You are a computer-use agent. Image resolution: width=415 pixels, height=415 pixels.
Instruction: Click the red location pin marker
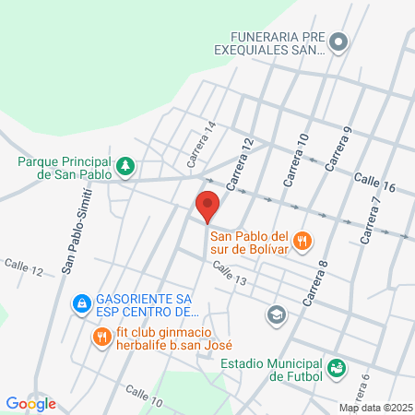(x=207, y=206)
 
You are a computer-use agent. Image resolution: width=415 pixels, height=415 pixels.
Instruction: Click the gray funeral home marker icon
(x=338, y=41)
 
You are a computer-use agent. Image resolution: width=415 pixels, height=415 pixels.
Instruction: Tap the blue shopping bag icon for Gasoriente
(x=81, y=302)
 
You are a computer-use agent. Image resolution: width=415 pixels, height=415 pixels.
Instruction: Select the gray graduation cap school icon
(x=275, y=316)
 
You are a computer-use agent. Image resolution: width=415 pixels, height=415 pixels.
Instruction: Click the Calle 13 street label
(x=230, y=273)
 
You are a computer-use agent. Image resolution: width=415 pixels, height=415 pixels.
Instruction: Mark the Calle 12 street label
(x=23, y=268)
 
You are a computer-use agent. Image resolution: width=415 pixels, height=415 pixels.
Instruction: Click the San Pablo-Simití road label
(x=73, y=236)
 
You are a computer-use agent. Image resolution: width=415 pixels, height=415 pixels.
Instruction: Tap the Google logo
(x=30, y=403)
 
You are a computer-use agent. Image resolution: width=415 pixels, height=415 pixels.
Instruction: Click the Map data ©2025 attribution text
(x=374, y=408)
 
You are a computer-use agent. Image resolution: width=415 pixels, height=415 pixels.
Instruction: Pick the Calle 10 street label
(x=144, y=397)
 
